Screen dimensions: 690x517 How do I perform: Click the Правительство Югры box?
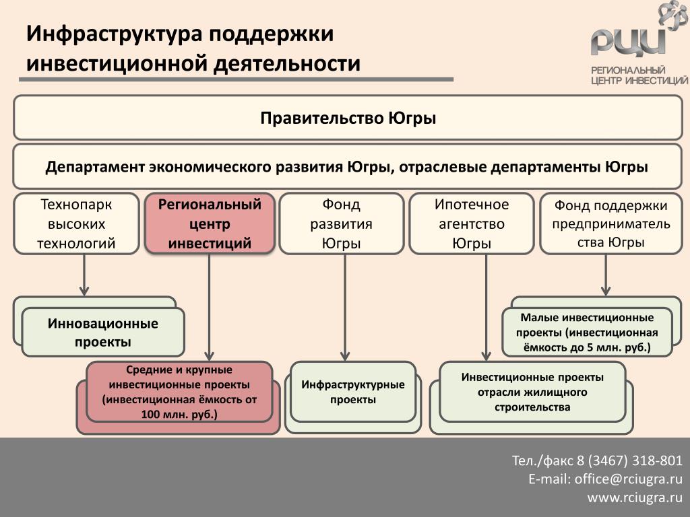348,118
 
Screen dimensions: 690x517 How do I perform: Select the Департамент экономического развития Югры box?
348,167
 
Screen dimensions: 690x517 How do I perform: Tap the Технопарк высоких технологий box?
76,223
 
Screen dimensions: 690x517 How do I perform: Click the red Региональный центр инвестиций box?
210,223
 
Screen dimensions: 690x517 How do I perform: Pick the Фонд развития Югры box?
341,223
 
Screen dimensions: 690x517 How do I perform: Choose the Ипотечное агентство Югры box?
471,223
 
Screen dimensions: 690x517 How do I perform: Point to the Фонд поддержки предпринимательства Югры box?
610,223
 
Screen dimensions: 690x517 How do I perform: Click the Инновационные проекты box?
102,332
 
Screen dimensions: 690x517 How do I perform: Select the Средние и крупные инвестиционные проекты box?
179,392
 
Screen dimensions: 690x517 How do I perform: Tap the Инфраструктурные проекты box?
353,392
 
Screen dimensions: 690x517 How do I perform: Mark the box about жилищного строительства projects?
532,392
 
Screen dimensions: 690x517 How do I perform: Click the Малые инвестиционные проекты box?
587,332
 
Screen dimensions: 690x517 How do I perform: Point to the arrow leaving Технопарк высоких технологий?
84,275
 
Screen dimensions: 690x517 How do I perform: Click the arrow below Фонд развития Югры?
345,308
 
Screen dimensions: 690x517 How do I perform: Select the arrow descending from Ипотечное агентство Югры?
486,308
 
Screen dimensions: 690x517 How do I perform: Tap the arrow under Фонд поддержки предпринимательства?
606,275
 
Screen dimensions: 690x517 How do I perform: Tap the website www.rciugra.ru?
635,497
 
